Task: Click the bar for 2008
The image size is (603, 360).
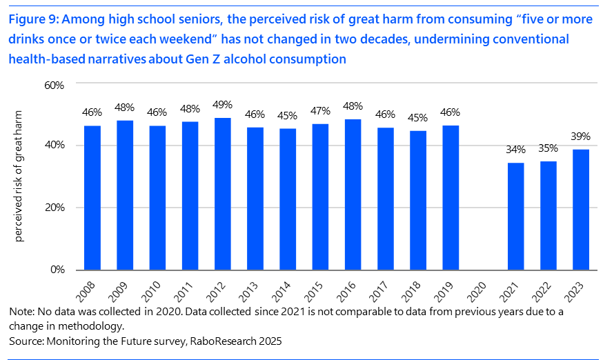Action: pos(92,197)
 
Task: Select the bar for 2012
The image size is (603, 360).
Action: pos(223,194)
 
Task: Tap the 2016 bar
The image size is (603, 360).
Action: pos(353,194)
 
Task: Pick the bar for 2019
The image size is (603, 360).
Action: pos(451,197)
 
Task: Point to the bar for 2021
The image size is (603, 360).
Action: pos(516,216)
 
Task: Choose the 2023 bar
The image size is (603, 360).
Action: pos(581,209)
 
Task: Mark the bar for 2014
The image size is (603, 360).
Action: pos(288,199)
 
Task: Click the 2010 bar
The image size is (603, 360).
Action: pos(157,197)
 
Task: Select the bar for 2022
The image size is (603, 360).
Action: pos(548,215)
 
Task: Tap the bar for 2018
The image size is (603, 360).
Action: pos(418,200)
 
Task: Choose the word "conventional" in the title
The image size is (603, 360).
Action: pos(531,39)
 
